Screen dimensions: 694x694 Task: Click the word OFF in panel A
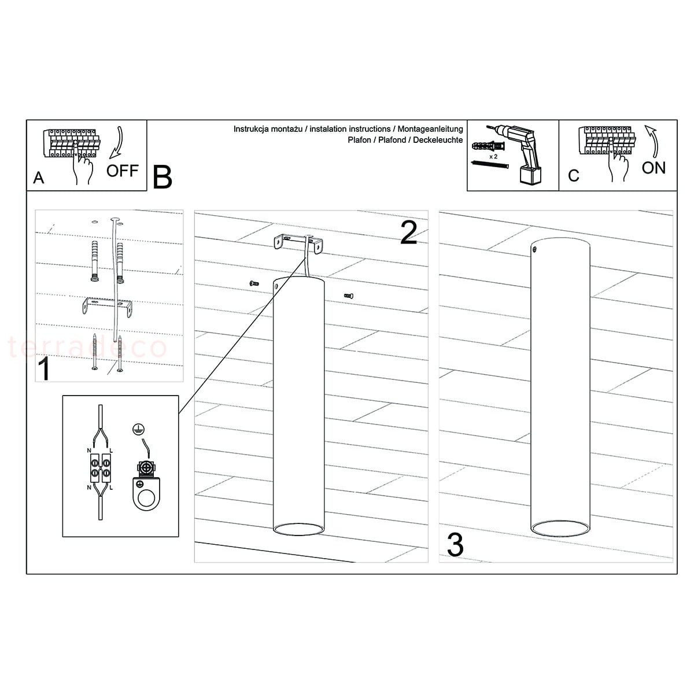(123, 171)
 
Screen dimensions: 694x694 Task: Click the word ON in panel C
(654, 168)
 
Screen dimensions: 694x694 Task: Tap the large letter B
(163, 177)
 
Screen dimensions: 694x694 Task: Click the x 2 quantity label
(493, 157)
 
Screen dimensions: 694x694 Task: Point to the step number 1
(44, 368)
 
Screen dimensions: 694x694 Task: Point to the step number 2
(409, 232)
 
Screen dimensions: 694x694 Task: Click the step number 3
(455, 545)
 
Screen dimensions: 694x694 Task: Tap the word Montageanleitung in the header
(430, 129)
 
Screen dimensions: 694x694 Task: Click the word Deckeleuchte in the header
(438, 140)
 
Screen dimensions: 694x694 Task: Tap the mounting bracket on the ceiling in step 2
(298, 244)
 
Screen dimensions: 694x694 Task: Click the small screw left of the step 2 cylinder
(254, 283)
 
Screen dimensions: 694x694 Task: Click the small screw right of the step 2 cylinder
(349, 296)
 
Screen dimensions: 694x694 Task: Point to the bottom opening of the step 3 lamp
(560, 529)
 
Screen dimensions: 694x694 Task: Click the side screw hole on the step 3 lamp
(535, 249)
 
